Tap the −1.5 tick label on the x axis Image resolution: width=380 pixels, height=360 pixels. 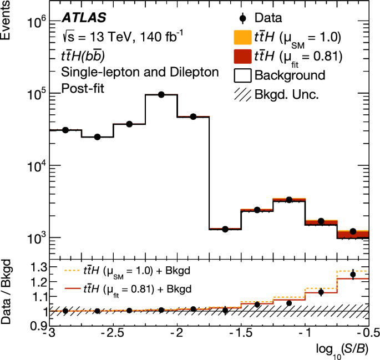click(240, 332)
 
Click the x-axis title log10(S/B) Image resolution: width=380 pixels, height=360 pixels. click(341, 349)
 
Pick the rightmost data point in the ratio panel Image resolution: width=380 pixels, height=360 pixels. click(353, 274)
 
